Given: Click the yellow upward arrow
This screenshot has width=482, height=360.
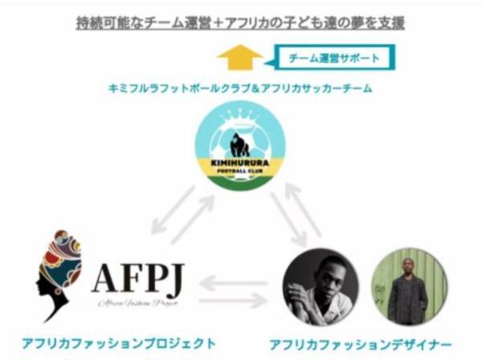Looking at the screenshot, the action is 239,59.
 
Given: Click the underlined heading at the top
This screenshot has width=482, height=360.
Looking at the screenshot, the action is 240,23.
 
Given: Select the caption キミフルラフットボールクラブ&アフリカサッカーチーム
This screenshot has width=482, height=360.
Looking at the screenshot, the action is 240,89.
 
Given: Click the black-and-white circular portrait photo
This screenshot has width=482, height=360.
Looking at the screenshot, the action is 320,286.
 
